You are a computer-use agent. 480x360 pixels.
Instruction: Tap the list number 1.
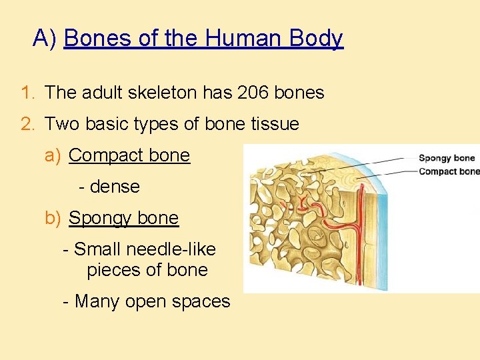[27, 93]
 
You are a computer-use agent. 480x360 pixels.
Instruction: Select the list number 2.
[27, 124]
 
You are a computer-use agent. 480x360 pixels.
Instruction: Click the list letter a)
[53, 155]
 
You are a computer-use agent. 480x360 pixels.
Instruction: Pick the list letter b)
[53, 218]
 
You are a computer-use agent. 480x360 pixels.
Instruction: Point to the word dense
[115, 187]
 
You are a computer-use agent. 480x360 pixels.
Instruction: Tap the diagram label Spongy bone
[447, 158]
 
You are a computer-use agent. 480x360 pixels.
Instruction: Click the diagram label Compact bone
[449, 171]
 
